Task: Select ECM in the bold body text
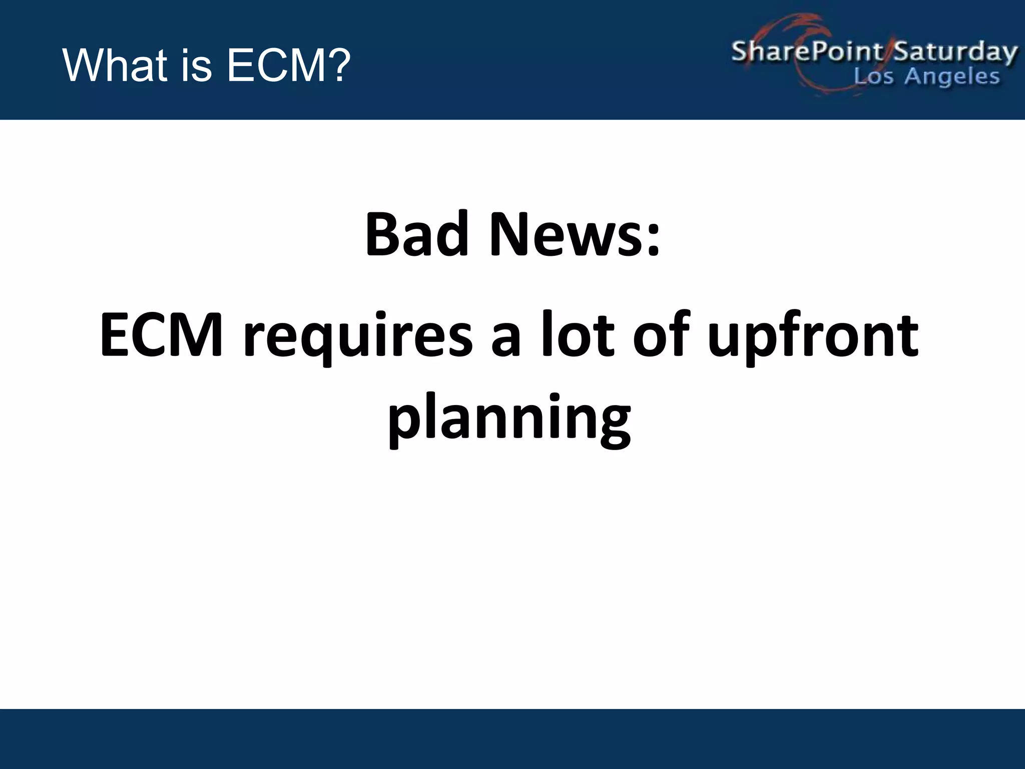click(161, 334)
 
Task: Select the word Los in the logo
click(873, 77)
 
